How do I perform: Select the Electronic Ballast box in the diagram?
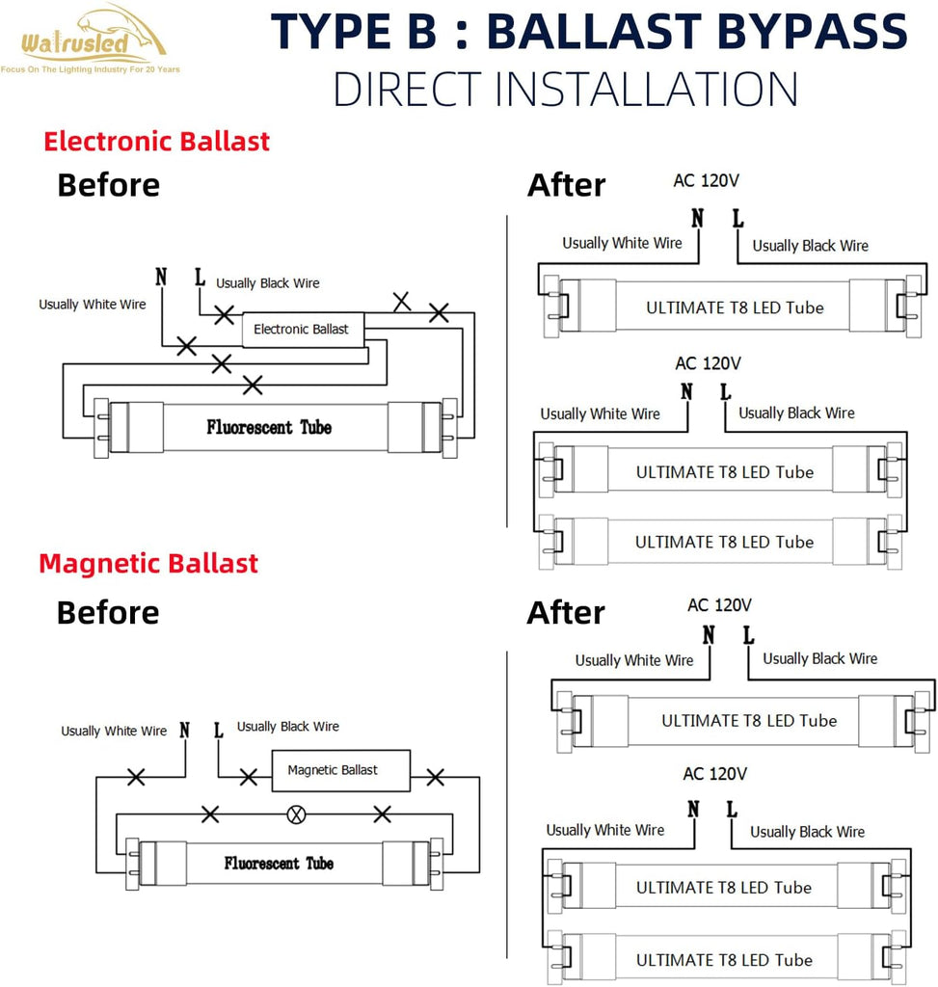(303, 330)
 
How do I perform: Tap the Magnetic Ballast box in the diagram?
(340, 770)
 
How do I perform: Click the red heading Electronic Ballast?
(157, 141)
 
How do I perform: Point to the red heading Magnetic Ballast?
(148, 563)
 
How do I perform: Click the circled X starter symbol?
(296, 815)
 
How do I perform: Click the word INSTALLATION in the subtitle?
(647, 89)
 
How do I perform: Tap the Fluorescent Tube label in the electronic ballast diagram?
(269, 427)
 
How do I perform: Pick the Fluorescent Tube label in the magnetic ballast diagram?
(279, 863)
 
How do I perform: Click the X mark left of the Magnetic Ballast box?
(249, 778)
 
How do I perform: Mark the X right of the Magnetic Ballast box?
(435, 778)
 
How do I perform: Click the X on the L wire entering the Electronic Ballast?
(224, 314)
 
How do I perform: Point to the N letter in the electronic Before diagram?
(161, 277)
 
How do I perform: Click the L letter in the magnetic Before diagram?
(219, 731)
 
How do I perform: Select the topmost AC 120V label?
(706, 180)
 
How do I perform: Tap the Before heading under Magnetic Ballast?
(108, 612)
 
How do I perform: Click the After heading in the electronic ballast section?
(566, 185)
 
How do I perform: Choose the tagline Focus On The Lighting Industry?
(91, 69)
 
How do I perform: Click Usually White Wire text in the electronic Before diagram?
(93, 305)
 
